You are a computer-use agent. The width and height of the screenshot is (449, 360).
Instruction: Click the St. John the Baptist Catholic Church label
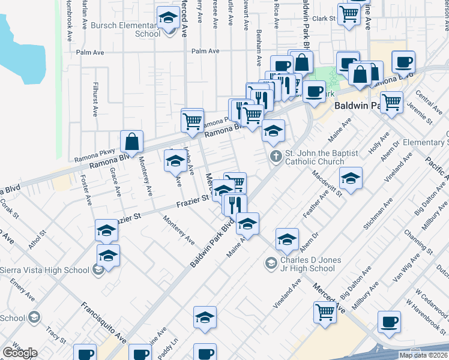click(x=314, y=157)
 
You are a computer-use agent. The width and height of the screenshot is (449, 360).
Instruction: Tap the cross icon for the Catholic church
click(x=276, y=157)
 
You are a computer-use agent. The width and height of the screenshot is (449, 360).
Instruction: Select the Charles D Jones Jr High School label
click(x=310, y=264)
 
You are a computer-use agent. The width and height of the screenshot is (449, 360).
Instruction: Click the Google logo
click(x=20, y=353)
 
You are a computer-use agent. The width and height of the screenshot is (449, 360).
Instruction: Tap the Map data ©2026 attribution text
click(x=423, y=355)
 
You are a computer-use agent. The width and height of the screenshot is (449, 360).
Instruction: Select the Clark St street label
click(x=323, y=19)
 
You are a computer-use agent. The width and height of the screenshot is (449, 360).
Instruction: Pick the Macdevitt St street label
click(x=327, y=183)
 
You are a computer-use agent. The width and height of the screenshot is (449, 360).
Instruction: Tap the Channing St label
click(x=415, y=241)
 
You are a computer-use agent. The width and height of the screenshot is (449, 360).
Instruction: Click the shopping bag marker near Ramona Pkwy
click(x=131, y=142)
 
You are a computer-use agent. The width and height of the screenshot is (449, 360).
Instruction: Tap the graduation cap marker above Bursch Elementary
click(x=168, y=18)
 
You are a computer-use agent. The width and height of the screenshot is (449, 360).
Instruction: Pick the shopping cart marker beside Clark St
click(x=349, y=13)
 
